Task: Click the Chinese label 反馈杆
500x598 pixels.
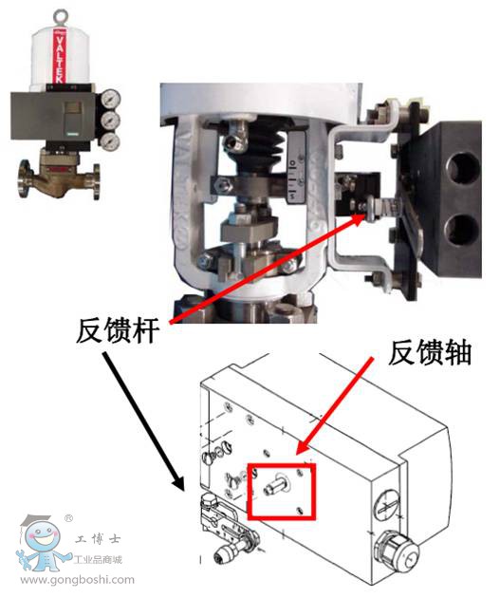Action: pos(118,330)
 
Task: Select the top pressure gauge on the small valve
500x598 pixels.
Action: pos(111,99)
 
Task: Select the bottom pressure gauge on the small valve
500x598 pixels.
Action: pos(110,140)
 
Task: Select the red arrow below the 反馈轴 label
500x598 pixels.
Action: pos(335,406)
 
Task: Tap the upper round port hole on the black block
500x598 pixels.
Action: pos(463,167)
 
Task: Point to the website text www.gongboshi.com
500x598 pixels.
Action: pos(77,580)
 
